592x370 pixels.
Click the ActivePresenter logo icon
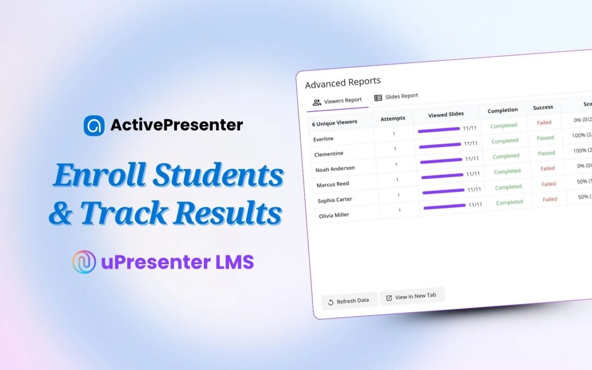tap(94, 125)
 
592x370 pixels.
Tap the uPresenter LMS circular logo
tap(84, 262)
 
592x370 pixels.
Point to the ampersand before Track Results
tap(61, 214)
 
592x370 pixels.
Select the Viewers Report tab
tap(337, 101)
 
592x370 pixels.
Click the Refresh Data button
tap(349, 301)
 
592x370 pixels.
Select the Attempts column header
tap(393, 118)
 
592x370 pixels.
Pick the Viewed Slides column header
tap(446, 114)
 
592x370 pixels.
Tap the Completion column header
tap(503, 110)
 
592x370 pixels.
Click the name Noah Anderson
tap(335, 169)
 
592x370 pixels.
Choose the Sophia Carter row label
tap(335, 200)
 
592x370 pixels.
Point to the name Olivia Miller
tap(334, 215)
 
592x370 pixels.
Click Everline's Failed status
tap(544, 122)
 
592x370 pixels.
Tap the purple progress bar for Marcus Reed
tap(442, 176)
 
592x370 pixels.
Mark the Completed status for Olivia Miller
tap(509, 202)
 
